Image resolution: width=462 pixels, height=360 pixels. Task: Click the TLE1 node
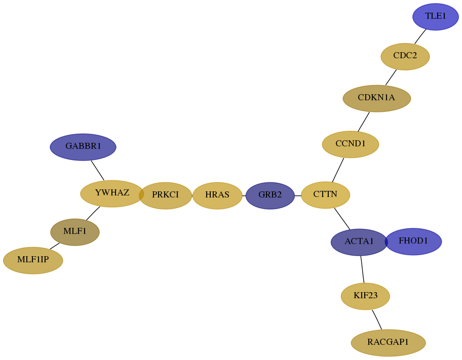(x=436, y=17)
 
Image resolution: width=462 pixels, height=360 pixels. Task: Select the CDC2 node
(x=405, y=56)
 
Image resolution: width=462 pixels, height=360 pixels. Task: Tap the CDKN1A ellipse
(x=377, y=98)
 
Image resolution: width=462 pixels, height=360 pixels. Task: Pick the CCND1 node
(x=351, y=144)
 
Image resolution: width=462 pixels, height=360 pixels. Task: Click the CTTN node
(x=326, y=195)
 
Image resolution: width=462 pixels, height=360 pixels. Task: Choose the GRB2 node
(x=270, y=195)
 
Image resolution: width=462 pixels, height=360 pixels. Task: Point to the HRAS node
(x=217, y=195)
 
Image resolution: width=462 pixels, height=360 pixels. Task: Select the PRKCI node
(x=165, y=195)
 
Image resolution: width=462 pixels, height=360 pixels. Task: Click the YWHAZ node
(x=112, y=193)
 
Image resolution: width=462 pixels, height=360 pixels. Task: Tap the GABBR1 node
(x=83, y=147)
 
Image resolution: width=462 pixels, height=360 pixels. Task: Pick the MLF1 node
(x=75, y=232)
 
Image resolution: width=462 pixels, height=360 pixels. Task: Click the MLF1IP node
(x=33, y=260)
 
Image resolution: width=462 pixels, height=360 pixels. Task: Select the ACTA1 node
(x=359, y=242)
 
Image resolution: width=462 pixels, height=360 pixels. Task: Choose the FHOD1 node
(x=413, y=242)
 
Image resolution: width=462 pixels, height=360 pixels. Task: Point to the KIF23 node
(x=365, y=296)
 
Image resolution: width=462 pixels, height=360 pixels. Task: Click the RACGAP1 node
(x=389, y=343)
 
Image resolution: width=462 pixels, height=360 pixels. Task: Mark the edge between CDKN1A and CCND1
(x=364, y=122)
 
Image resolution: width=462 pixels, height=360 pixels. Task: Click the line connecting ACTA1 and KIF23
(x=362, y=269)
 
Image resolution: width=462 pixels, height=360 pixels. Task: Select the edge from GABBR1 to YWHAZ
(x=98, y=170)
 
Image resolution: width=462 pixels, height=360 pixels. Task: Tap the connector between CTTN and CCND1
(x=338, y=170)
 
